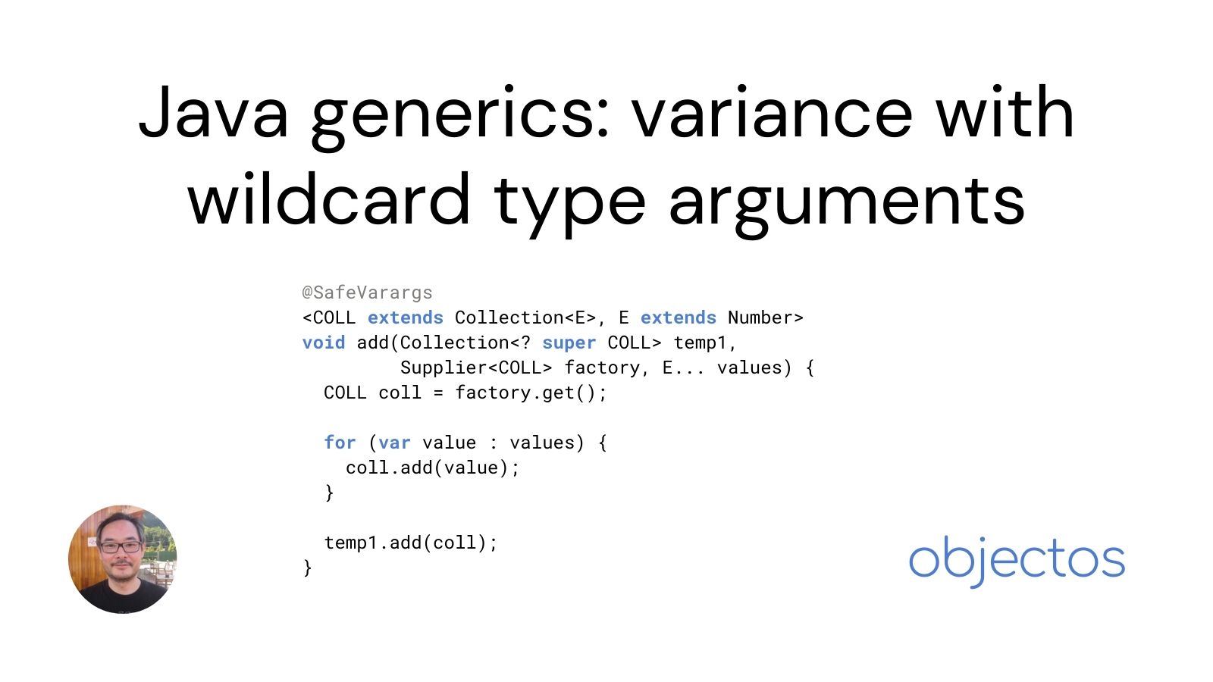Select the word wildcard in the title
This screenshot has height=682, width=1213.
(329, 200)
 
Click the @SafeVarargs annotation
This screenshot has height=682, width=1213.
(367, 293)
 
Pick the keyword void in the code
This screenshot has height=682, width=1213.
(323, 343)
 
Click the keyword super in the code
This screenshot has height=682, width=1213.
(569, 343)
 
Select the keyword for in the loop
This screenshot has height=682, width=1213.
(340, 443)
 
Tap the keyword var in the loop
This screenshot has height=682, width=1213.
(394, 443)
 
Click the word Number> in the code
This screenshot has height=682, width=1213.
(765, 318)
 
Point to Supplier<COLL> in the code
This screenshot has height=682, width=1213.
(476, 368)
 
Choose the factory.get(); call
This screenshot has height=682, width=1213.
(531, 393)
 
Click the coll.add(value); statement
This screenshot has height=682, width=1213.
(432, 468)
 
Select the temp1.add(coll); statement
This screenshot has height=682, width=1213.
(410, 543)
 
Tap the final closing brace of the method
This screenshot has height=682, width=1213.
(307, 568)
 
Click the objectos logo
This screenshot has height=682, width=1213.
(1016, 560)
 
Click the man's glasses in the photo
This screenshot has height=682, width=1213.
(120, 546)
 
